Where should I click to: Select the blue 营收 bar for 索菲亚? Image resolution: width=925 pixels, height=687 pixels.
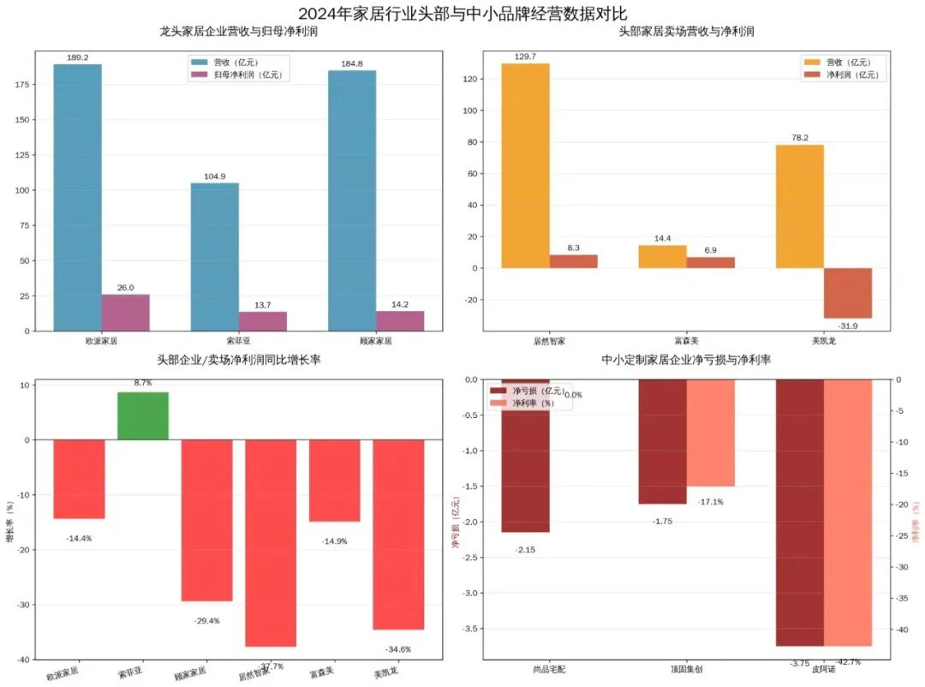[x=214, y=257]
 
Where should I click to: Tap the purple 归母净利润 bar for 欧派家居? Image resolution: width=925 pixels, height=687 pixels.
[x=125, y=313]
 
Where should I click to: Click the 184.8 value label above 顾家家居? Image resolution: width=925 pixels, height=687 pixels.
[x=351, y=63]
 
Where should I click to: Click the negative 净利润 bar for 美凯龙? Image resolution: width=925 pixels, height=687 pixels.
[x=847, y=293]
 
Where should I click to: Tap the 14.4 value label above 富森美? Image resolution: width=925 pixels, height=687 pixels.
[x=662, y=237]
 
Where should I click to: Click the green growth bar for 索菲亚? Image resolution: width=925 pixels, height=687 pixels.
[x=143, y=415]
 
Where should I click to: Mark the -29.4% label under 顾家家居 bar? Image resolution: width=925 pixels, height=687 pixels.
[x=206, y=620]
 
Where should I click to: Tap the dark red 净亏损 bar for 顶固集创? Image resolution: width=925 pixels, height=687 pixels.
[x=662, y=441]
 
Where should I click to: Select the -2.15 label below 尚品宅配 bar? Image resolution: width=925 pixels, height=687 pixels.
[x=525, y=549]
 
